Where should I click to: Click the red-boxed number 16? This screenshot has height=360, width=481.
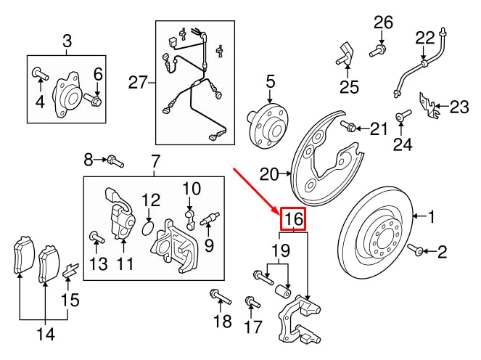[293, 218]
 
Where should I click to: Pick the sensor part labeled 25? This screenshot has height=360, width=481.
[345, 54]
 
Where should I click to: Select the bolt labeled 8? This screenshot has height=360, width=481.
[115, 160]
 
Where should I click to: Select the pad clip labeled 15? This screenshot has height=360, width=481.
[70, 271]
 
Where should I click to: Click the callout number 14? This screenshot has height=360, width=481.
[45, 334]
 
